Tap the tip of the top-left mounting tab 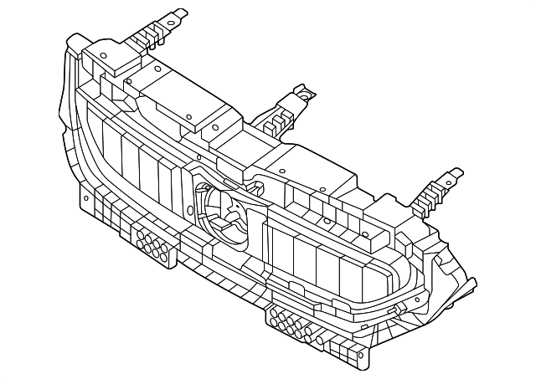[x=182, y=12]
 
